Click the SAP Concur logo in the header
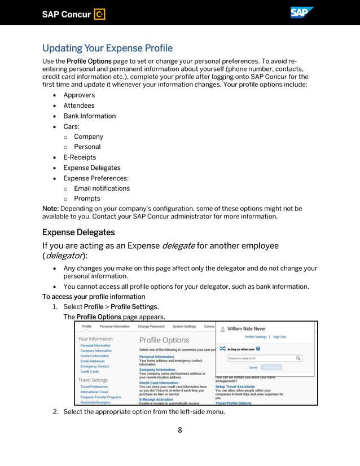[x=73, y=14]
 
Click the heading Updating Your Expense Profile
[x=107, y=48]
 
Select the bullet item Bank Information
[x=89, y=116]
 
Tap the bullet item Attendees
[x=79, y=105]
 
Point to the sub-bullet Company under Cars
[x=89, y=137]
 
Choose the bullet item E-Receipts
[x=80, y=157]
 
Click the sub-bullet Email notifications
[x=102, y=188]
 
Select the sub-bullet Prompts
[x=87, y=199]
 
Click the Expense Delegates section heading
[x=78, y=232]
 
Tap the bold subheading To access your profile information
[x=94, y=297]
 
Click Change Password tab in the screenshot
[x=151, y=326]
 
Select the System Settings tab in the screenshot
[x=184, y=326]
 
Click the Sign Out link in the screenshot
[x=279, y=337]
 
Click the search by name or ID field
[x=261, y=358]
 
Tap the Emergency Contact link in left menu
[x=95, y=366]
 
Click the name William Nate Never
[x=246, y=328]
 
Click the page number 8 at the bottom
[x=180, y=430]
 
